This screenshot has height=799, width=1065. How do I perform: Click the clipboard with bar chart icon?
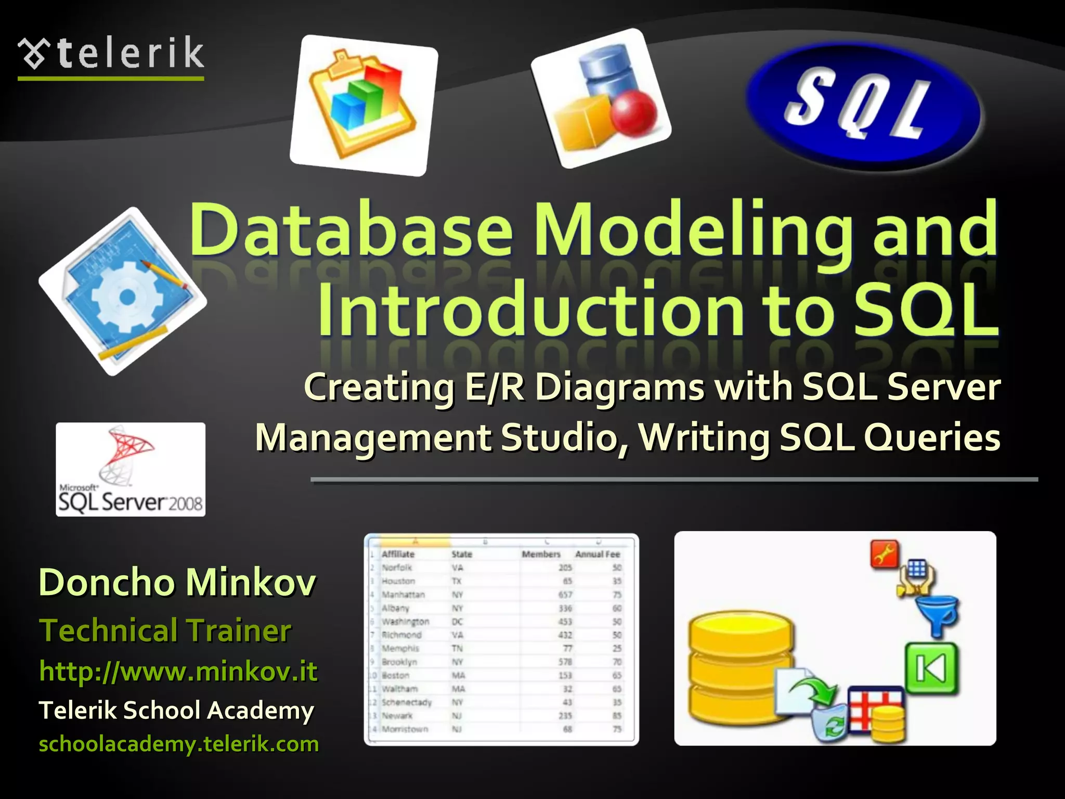click(363, 104)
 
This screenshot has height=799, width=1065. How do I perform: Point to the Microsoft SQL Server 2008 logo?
click(131, 469)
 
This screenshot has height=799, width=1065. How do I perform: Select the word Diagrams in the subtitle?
click(619, 388)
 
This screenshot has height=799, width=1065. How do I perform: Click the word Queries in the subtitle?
click(931, 437)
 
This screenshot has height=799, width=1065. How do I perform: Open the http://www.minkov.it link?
click(178, 671)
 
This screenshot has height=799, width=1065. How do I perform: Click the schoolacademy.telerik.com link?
click(179, 744)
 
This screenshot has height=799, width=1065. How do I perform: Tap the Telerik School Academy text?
click(176, 710)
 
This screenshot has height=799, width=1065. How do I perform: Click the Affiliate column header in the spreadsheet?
click(398, 554)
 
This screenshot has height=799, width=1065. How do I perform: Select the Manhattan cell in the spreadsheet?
click(404, 594)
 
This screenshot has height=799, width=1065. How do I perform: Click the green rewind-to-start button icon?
click(931, 668)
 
